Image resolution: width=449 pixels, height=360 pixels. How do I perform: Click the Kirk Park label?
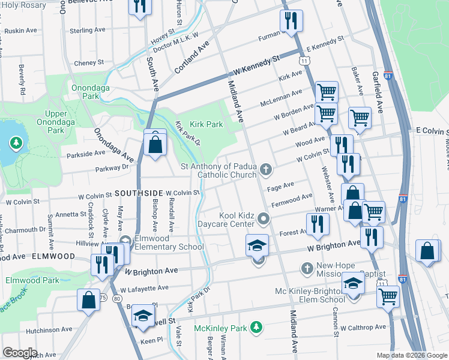click(206, 124)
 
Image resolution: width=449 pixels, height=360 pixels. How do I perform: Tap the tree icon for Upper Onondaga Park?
click(15, 144)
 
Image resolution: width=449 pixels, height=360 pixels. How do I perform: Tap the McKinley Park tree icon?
click(256, 327)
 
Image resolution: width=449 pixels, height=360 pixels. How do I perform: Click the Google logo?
click(20, 353)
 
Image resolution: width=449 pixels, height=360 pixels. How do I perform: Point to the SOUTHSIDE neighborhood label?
click(139, 193)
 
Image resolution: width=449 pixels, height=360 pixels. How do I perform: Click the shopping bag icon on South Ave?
click(155, 145)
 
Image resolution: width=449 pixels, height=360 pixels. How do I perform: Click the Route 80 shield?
click(116, 298)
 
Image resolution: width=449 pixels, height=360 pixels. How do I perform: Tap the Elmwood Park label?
click(32, 280)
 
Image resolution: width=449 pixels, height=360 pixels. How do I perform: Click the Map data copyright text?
click(412, 355)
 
